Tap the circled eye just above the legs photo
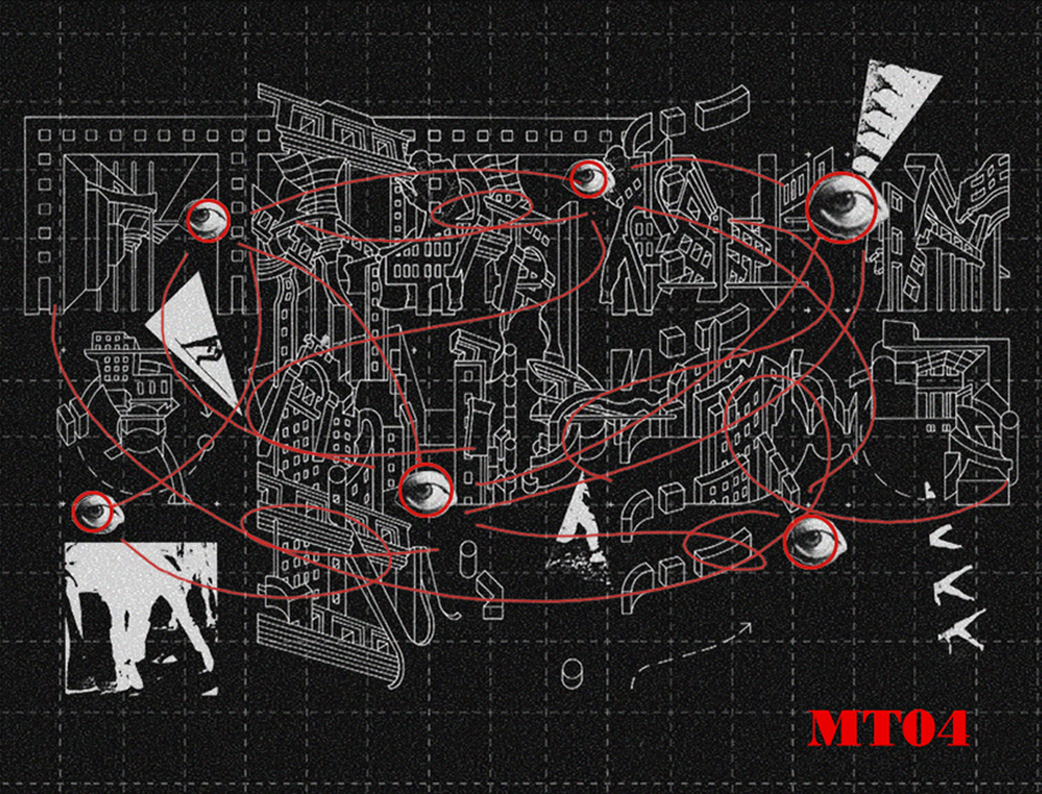point(95,512)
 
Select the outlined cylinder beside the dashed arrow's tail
point(572,674)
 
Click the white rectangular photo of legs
point(141,619)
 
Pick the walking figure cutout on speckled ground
point(578,530)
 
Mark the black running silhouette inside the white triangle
point(202,349)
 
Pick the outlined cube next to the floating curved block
point(674,121)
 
